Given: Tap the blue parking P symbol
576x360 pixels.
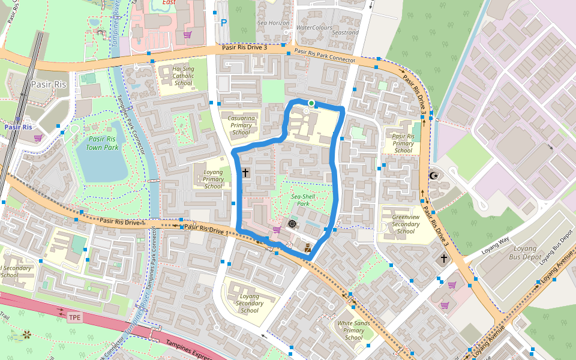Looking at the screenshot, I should pos(224,23).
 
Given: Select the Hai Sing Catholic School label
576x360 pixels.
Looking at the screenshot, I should pos(184,76).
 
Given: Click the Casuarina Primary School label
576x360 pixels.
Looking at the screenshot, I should pos(241,124).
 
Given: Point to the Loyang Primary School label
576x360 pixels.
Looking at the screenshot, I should pos(213,179).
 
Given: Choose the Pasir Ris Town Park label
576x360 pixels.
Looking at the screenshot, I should pos(101,142).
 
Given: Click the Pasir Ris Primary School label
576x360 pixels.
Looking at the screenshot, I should pos(403,143).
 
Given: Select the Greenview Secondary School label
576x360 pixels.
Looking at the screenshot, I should pos(406,224).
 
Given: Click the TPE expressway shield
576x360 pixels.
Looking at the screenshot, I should pos(74,317).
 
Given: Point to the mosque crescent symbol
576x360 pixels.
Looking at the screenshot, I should pos(435,176).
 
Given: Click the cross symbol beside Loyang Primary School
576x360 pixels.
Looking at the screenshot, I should pos(245,173).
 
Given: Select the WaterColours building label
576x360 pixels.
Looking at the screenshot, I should pos(314,28).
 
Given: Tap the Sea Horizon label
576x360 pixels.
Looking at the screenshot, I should pos(273,23).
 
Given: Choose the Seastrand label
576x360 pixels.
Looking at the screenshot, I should pos(345,32).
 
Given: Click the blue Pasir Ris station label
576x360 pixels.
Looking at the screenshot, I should pos(18,127).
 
